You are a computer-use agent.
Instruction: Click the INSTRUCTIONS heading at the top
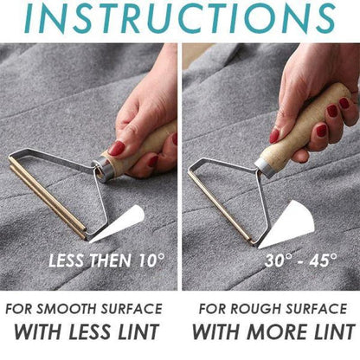tap(180, 19)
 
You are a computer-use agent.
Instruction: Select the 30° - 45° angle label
tap(291, 260)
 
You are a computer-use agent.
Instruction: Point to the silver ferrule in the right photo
tap(266, 162)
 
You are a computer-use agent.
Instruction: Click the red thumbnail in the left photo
tap(116, 148)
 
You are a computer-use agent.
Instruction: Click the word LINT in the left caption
tap(145, 331)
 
